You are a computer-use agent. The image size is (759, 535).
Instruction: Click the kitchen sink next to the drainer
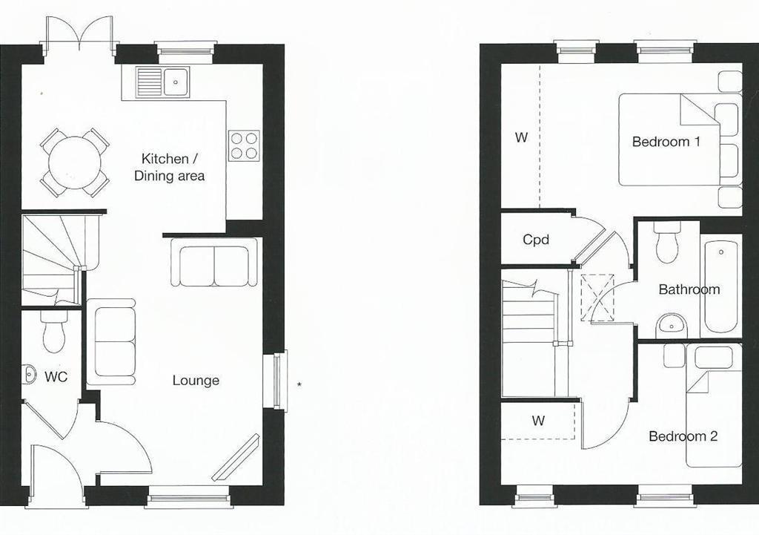click(176, 82)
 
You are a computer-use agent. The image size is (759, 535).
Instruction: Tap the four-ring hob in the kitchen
click(244, 146)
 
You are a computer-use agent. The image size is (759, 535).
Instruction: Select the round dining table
click(75, 163)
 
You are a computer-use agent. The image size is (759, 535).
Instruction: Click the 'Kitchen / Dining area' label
click(169, 167)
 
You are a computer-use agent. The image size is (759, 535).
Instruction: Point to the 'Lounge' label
click(196, 381)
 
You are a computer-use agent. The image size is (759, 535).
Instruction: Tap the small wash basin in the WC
click(29, 374)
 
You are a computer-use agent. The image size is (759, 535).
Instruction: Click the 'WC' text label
click(56, 376)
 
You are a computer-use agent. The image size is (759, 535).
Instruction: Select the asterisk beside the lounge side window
click(299, 385)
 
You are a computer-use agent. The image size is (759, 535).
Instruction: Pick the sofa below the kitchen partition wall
click(214, 262)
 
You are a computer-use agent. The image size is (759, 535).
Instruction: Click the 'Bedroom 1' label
click(666, 142)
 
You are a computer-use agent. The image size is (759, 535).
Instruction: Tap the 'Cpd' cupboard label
click(536, 240)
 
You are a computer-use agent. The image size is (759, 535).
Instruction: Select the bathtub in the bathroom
click(721, 287)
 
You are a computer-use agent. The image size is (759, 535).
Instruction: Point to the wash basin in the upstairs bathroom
click(672, 326)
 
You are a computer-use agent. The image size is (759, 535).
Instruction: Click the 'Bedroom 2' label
click(683, 436)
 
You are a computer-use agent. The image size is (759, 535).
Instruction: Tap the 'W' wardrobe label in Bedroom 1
click(521, 137)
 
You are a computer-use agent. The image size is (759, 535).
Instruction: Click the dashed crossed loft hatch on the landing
click(597, 298)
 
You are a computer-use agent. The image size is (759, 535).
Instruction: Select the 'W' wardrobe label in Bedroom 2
click(538, 421)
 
